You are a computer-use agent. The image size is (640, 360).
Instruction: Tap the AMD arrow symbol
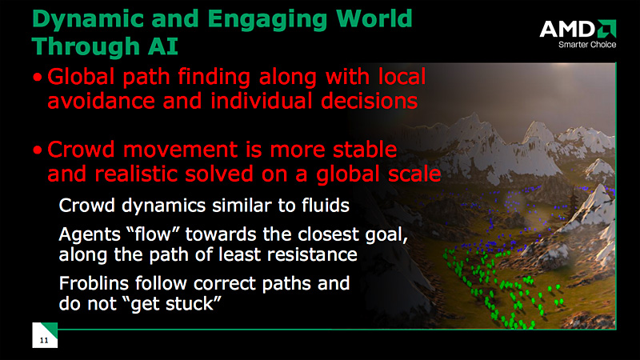pos(606,29)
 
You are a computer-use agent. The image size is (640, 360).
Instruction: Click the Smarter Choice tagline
pos(587,45)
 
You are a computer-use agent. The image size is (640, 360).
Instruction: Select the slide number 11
pos(44,341)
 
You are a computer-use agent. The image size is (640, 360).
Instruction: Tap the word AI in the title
pos(163,46)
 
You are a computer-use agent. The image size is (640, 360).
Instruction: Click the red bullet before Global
pos(38,77)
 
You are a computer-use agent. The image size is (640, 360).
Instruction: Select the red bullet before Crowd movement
pos(38,150)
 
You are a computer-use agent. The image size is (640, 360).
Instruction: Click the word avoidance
pos(102,101)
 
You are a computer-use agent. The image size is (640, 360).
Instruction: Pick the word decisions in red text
pos(369,101)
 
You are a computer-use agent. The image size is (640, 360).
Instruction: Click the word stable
pos(365,149)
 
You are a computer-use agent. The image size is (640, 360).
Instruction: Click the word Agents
pos(90,235)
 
